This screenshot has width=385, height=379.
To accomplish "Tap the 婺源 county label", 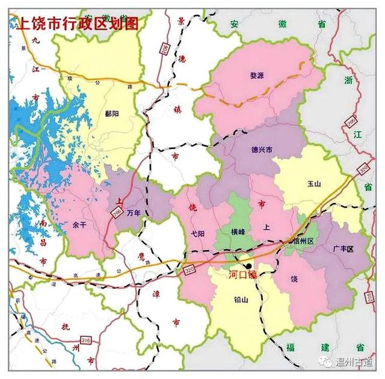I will coord(257,75).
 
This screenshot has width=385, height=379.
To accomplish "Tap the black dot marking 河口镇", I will coord(248,265).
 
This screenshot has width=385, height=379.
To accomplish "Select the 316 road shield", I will coord(86,340).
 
